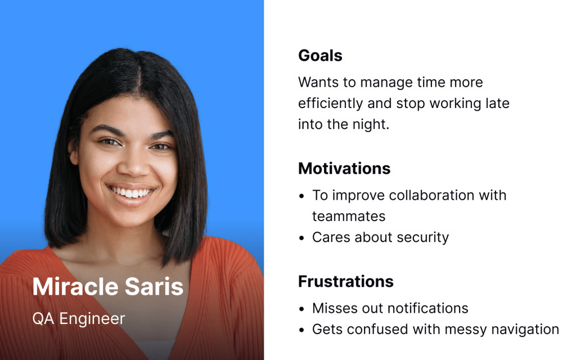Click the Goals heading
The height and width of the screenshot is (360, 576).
[x=320, y=56]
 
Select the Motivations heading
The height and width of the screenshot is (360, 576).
[x=344, y=169]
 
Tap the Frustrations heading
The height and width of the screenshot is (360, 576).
[x=346, y=282]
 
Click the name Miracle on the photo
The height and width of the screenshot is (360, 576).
[x=76, y=286]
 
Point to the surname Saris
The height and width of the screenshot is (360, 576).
[x=154, y=286]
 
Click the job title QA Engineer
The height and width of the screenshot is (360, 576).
[x=79, y=319]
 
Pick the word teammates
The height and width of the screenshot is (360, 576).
[x=349, y=217]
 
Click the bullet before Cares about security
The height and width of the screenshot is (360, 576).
[x=301, y=238]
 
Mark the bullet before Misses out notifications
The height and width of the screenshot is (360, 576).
[x=301, y=309]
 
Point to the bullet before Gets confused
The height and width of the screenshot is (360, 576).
[x=301, y=330]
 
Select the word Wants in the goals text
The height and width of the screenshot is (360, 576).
[x=318, y=82]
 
